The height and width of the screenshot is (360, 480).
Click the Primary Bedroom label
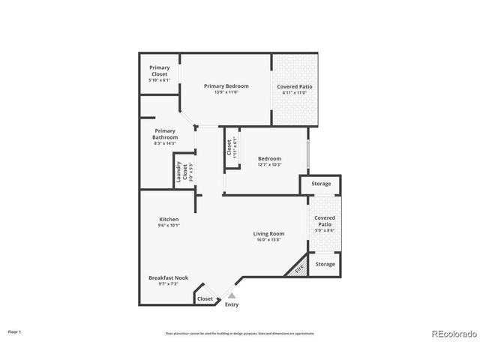coord(226,86)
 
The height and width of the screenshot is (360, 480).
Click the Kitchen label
coord(168,219)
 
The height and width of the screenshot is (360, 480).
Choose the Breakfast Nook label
coord(168,277)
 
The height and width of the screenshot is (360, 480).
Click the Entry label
coord(232,304)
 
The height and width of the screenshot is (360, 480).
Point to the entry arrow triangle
coord(221,296)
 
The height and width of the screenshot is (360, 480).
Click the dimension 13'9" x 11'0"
coord(226,92)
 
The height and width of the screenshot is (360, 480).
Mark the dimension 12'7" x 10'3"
coord(269,165)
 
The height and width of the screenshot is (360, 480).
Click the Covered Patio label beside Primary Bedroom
coord(295,87)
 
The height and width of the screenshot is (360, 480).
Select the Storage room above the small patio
coord(321,184)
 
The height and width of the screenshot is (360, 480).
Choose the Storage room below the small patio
coord(325,264)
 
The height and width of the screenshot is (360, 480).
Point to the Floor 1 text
coord(15,331)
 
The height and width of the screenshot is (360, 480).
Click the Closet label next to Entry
coord(205,298)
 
